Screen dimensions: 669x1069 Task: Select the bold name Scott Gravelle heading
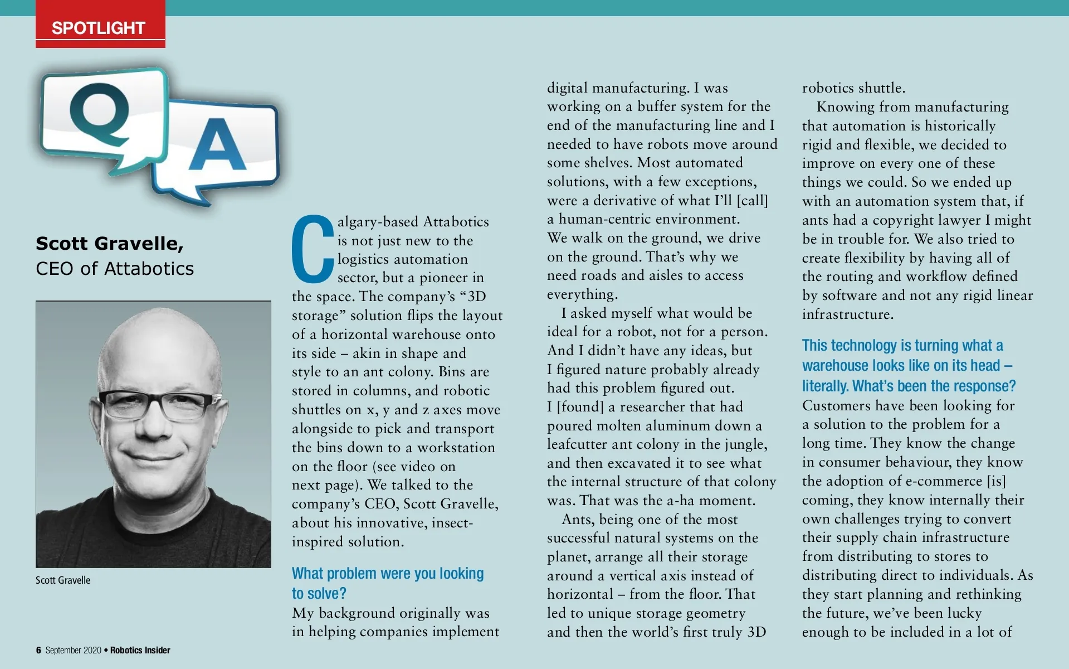point(110,244)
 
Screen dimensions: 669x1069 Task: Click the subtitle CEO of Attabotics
point(115,269)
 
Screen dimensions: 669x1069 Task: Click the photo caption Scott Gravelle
point(63,580)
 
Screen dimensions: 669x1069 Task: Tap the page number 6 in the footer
point(38,650)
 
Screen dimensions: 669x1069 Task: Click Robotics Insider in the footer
point(140,650)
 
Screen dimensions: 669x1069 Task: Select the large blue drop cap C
point(312,249)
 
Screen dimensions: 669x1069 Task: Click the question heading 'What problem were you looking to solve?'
point(387,583)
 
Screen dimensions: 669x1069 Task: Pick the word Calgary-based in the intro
point(379,222)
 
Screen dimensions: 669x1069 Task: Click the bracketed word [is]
point(996,481)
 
